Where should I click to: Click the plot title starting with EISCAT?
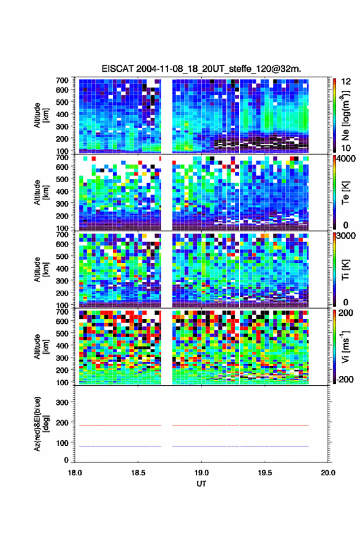coord(201,69)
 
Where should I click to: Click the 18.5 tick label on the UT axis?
coord(138,473)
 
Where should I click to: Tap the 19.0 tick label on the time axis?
coord(201,473)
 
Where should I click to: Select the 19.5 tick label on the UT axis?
coord(265,473)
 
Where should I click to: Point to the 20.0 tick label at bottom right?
coord(328,473)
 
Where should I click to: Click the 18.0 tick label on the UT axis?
coord(75,473)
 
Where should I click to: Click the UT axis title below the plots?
coord(201,484)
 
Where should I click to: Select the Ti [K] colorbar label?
coord(345,270)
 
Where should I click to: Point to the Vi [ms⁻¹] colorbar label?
coord(345,346)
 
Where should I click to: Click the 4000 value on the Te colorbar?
coord(346,159)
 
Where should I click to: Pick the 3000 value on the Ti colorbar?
coord(346,236)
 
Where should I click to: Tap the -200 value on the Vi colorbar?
coord(345,379)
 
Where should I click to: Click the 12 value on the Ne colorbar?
coord(346,82)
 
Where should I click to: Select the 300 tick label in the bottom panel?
coord(62,402)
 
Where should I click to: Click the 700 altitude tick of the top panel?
coord(62,80)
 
